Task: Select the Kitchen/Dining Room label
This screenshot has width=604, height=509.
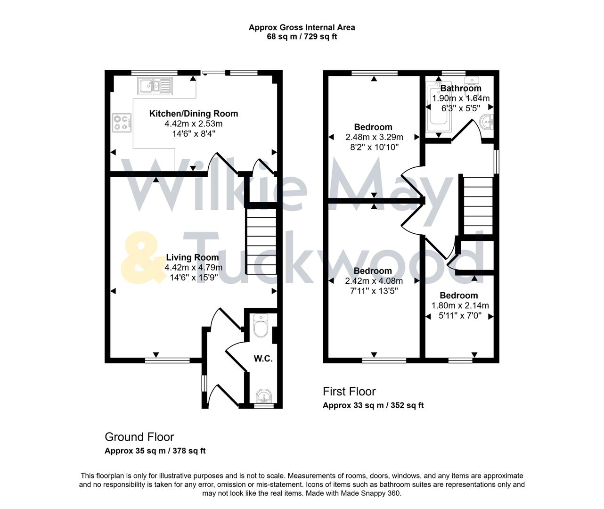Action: [x=193, y=114]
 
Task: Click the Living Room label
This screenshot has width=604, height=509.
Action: [x=192, y=257]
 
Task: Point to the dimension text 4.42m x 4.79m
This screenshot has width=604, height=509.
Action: [x=193, y=268]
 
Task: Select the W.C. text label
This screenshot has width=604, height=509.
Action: [x=263, y=359]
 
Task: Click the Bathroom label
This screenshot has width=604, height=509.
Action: [x=460, y=88]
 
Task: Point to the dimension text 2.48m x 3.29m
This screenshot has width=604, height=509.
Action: [x=374, y=137]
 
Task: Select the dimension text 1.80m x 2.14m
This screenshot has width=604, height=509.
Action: [x=460, y=305]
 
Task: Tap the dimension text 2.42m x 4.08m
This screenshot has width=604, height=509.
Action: [x=374, y=281]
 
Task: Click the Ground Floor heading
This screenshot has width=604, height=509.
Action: [x=139, y=437]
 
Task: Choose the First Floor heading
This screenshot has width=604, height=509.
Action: [x=349, y=391]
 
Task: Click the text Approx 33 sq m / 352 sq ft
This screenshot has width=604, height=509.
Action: [x=373, y=405]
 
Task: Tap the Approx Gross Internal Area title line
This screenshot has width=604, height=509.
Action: [x=302, y=27]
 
